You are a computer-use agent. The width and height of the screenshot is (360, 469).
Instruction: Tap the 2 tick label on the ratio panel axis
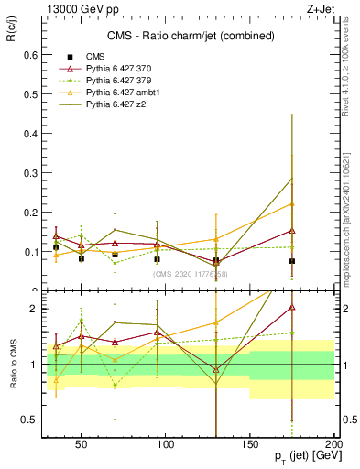tap(29, 309)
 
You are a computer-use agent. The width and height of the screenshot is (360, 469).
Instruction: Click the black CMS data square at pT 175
tap(292, 261)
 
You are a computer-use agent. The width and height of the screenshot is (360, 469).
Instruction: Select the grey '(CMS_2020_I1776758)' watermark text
tap(191, 273)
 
